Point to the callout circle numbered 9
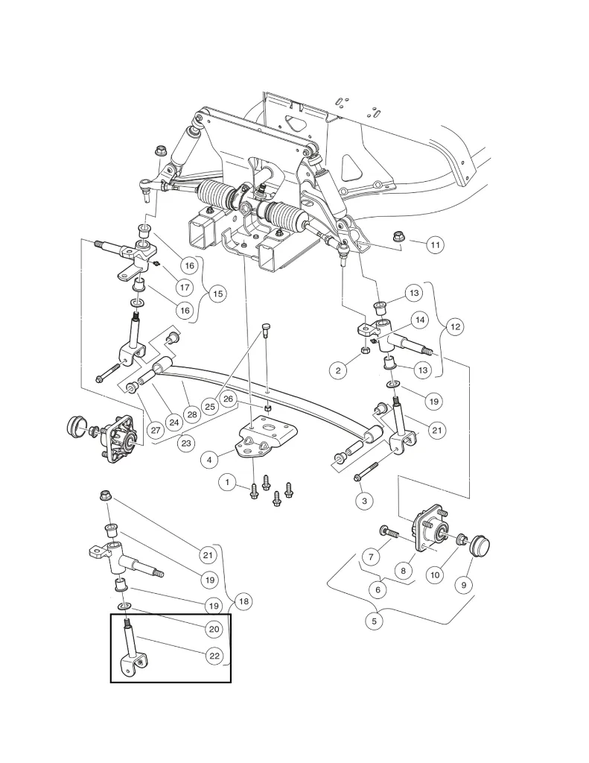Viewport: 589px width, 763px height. point(463,585)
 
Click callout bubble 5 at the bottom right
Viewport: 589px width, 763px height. point(375,619)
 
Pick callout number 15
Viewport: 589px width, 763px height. point(217,294)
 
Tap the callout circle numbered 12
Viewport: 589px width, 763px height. point(455,326)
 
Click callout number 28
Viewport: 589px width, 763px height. point(191,413)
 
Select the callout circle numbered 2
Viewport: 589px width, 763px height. point(338,369)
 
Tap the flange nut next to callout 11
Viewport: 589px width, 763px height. point(399,238)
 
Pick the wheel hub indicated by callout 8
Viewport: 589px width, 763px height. point(429,531)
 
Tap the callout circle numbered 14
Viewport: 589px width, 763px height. point(420,320)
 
